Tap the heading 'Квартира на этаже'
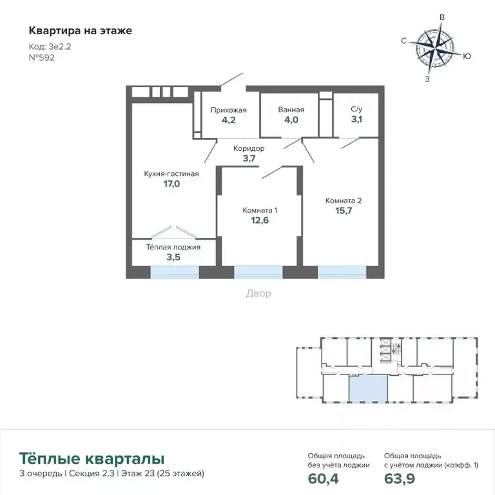81,30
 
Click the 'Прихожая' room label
229,110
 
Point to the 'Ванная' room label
291,110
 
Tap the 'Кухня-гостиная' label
171,173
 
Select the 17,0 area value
171,184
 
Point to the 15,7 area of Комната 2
344,211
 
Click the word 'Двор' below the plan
258,293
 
